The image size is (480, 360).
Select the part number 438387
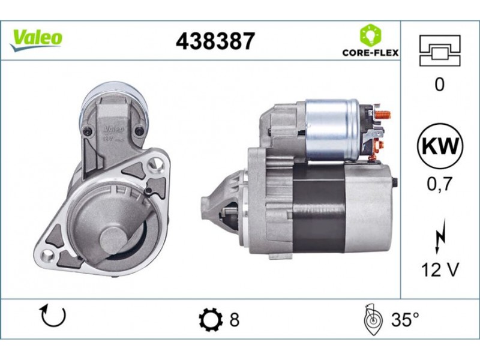point(215,41)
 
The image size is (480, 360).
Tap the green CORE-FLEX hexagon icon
point(370,35)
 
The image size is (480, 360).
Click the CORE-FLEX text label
point(370,53)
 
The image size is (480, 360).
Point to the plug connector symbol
point(440,50)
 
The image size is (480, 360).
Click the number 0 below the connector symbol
point(439,84)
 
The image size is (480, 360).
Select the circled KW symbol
point(440,146)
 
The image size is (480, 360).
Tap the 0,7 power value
point(440,184)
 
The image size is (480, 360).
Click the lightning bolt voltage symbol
point(440,236)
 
